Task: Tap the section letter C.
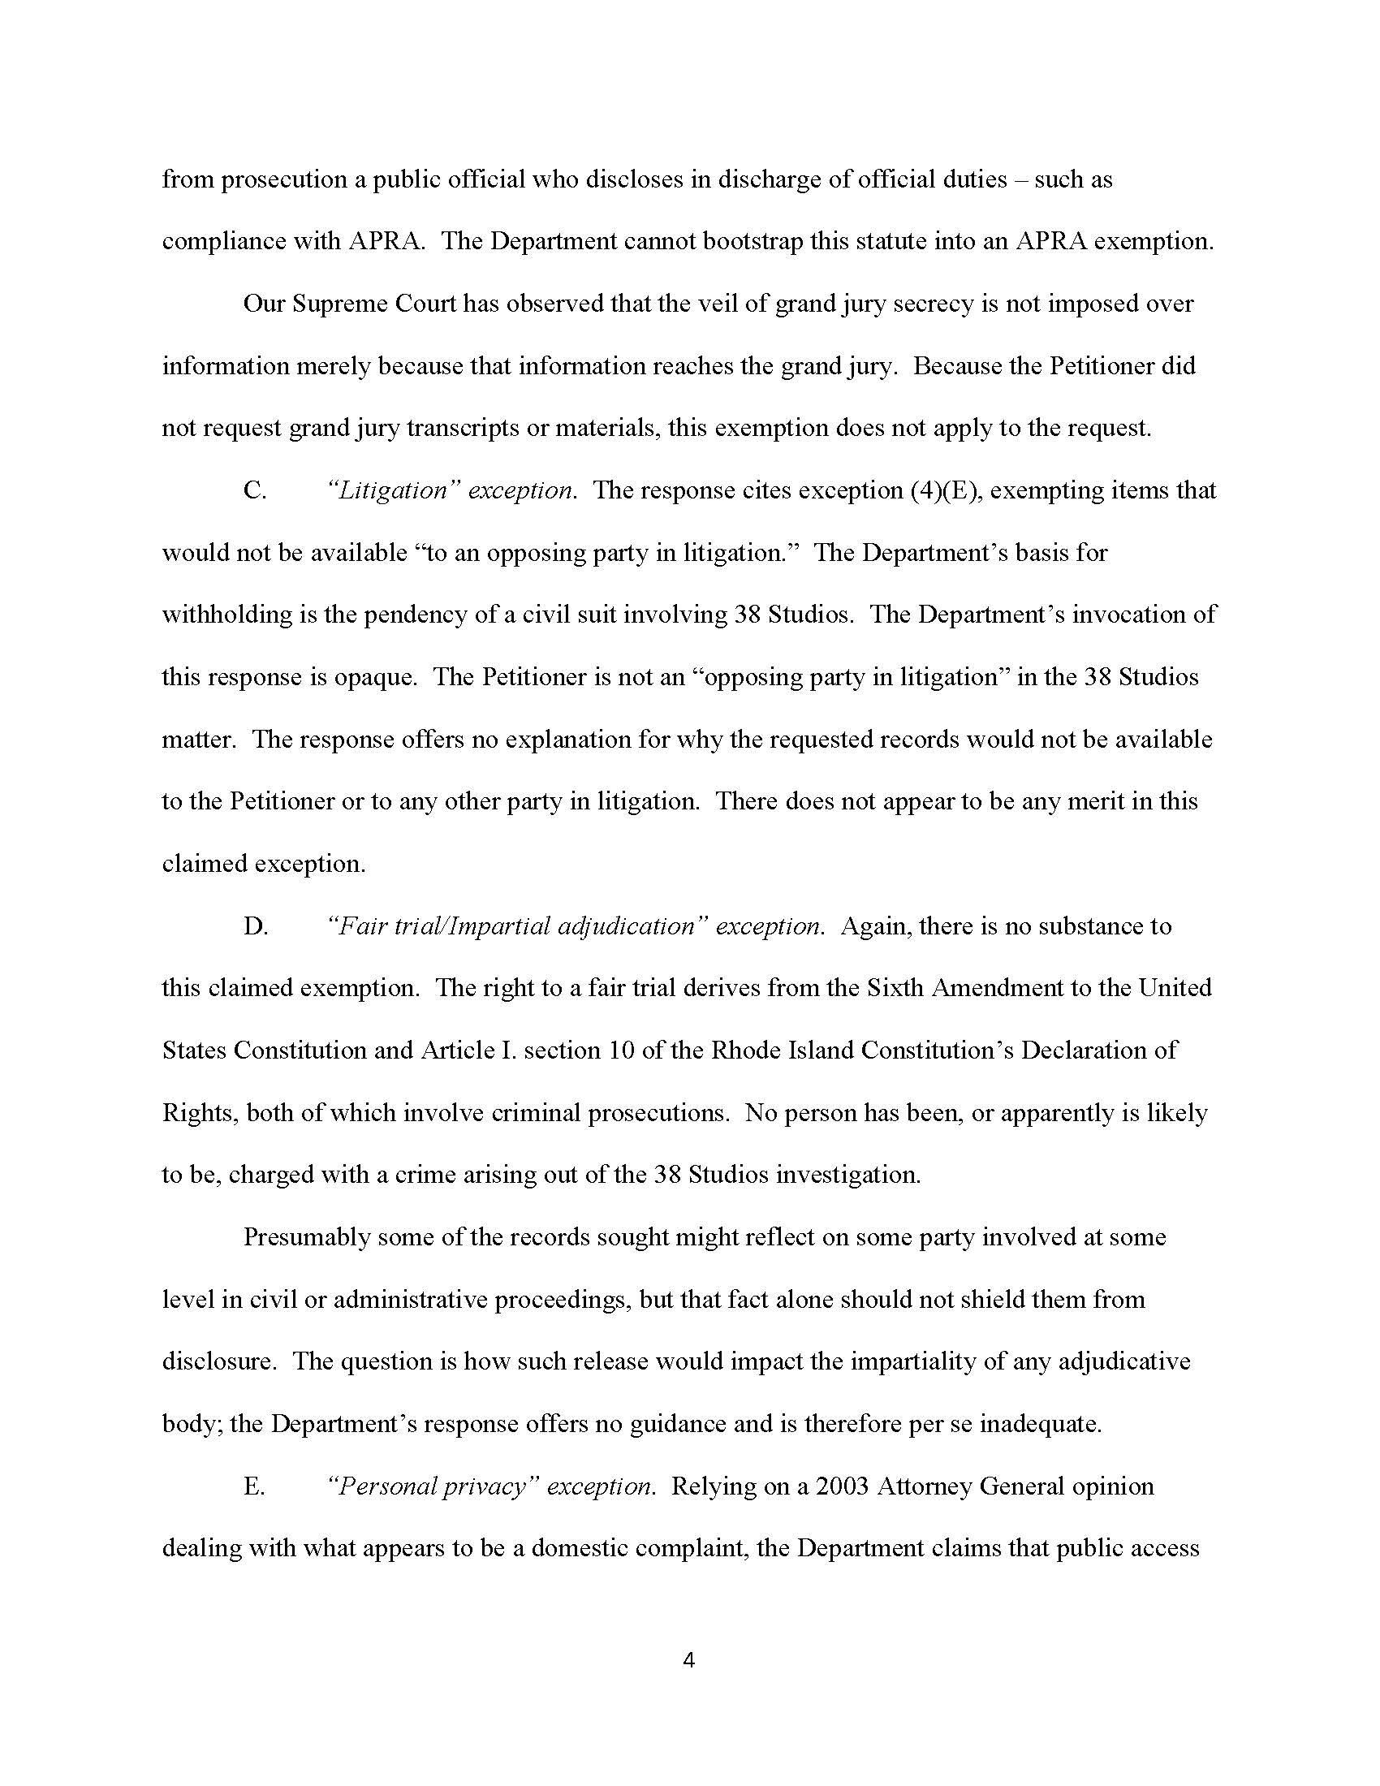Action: coord(254,490)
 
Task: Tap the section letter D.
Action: coord(255,926)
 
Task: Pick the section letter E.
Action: coord(253,1486)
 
